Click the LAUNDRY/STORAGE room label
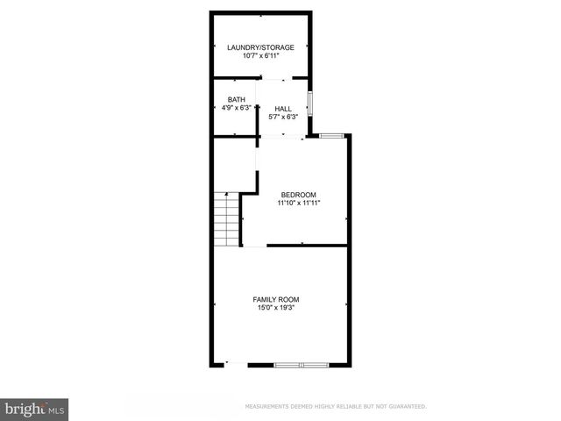coord(260,47)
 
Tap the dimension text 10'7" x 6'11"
coord(260,56)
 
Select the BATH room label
coord(236,100)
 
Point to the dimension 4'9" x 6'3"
coord(236,109)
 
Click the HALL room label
coord(283,109)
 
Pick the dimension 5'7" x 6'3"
coord(283,117)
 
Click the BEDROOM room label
coord(298,194)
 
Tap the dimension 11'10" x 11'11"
coord(298,203)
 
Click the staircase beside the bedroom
coord(226,219)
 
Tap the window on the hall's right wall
coord(311,103)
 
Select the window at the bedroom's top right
coord(331,135)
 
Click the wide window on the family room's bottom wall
coord(300,364)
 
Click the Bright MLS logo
coord(35,409)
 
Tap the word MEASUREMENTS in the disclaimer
coord(268,407)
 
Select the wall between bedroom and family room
coord(307,246)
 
